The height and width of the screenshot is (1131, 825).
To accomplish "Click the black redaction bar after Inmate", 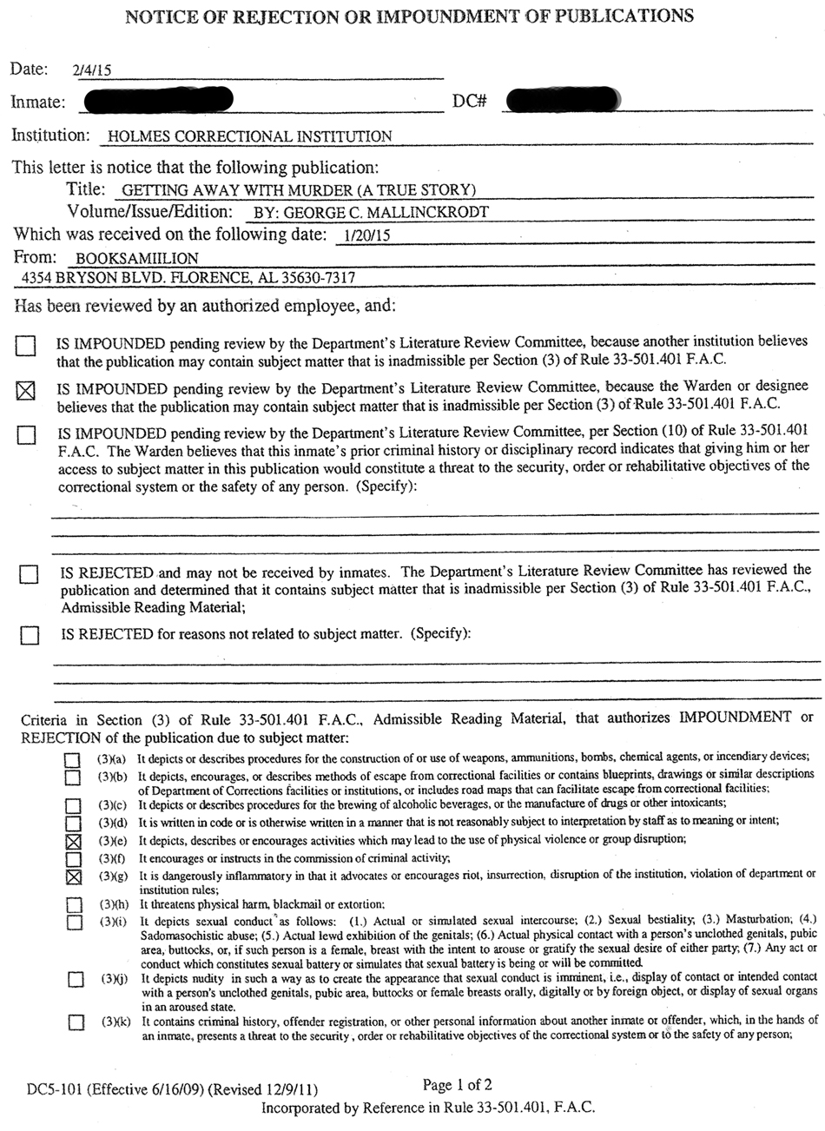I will [x=158, y=101].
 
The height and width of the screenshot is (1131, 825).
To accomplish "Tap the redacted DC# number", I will [x=563, y=101].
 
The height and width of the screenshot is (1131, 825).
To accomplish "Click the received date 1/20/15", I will [x=363, y=235].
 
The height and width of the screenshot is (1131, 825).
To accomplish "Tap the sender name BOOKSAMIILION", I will [x=137, y=258].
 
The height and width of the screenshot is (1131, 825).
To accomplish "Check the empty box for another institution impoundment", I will [x=27, y=346].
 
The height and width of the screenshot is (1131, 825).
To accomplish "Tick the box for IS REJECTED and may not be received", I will [x=30, y=575].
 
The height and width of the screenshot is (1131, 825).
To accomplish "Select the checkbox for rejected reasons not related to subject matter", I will [x=30, y=636].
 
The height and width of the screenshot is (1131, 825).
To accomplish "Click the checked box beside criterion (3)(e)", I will [x=74, y=841].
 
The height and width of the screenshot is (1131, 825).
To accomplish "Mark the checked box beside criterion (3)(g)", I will [x=74, y=876].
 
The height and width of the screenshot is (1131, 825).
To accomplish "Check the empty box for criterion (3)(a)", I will [x=74, y=759].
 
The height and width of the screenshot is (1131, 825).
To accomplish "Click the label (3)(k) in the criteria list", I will [x=115, y=1021].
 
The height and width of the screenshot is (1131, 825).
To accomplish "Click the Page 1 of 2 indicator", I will [x=458, y=1084].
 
